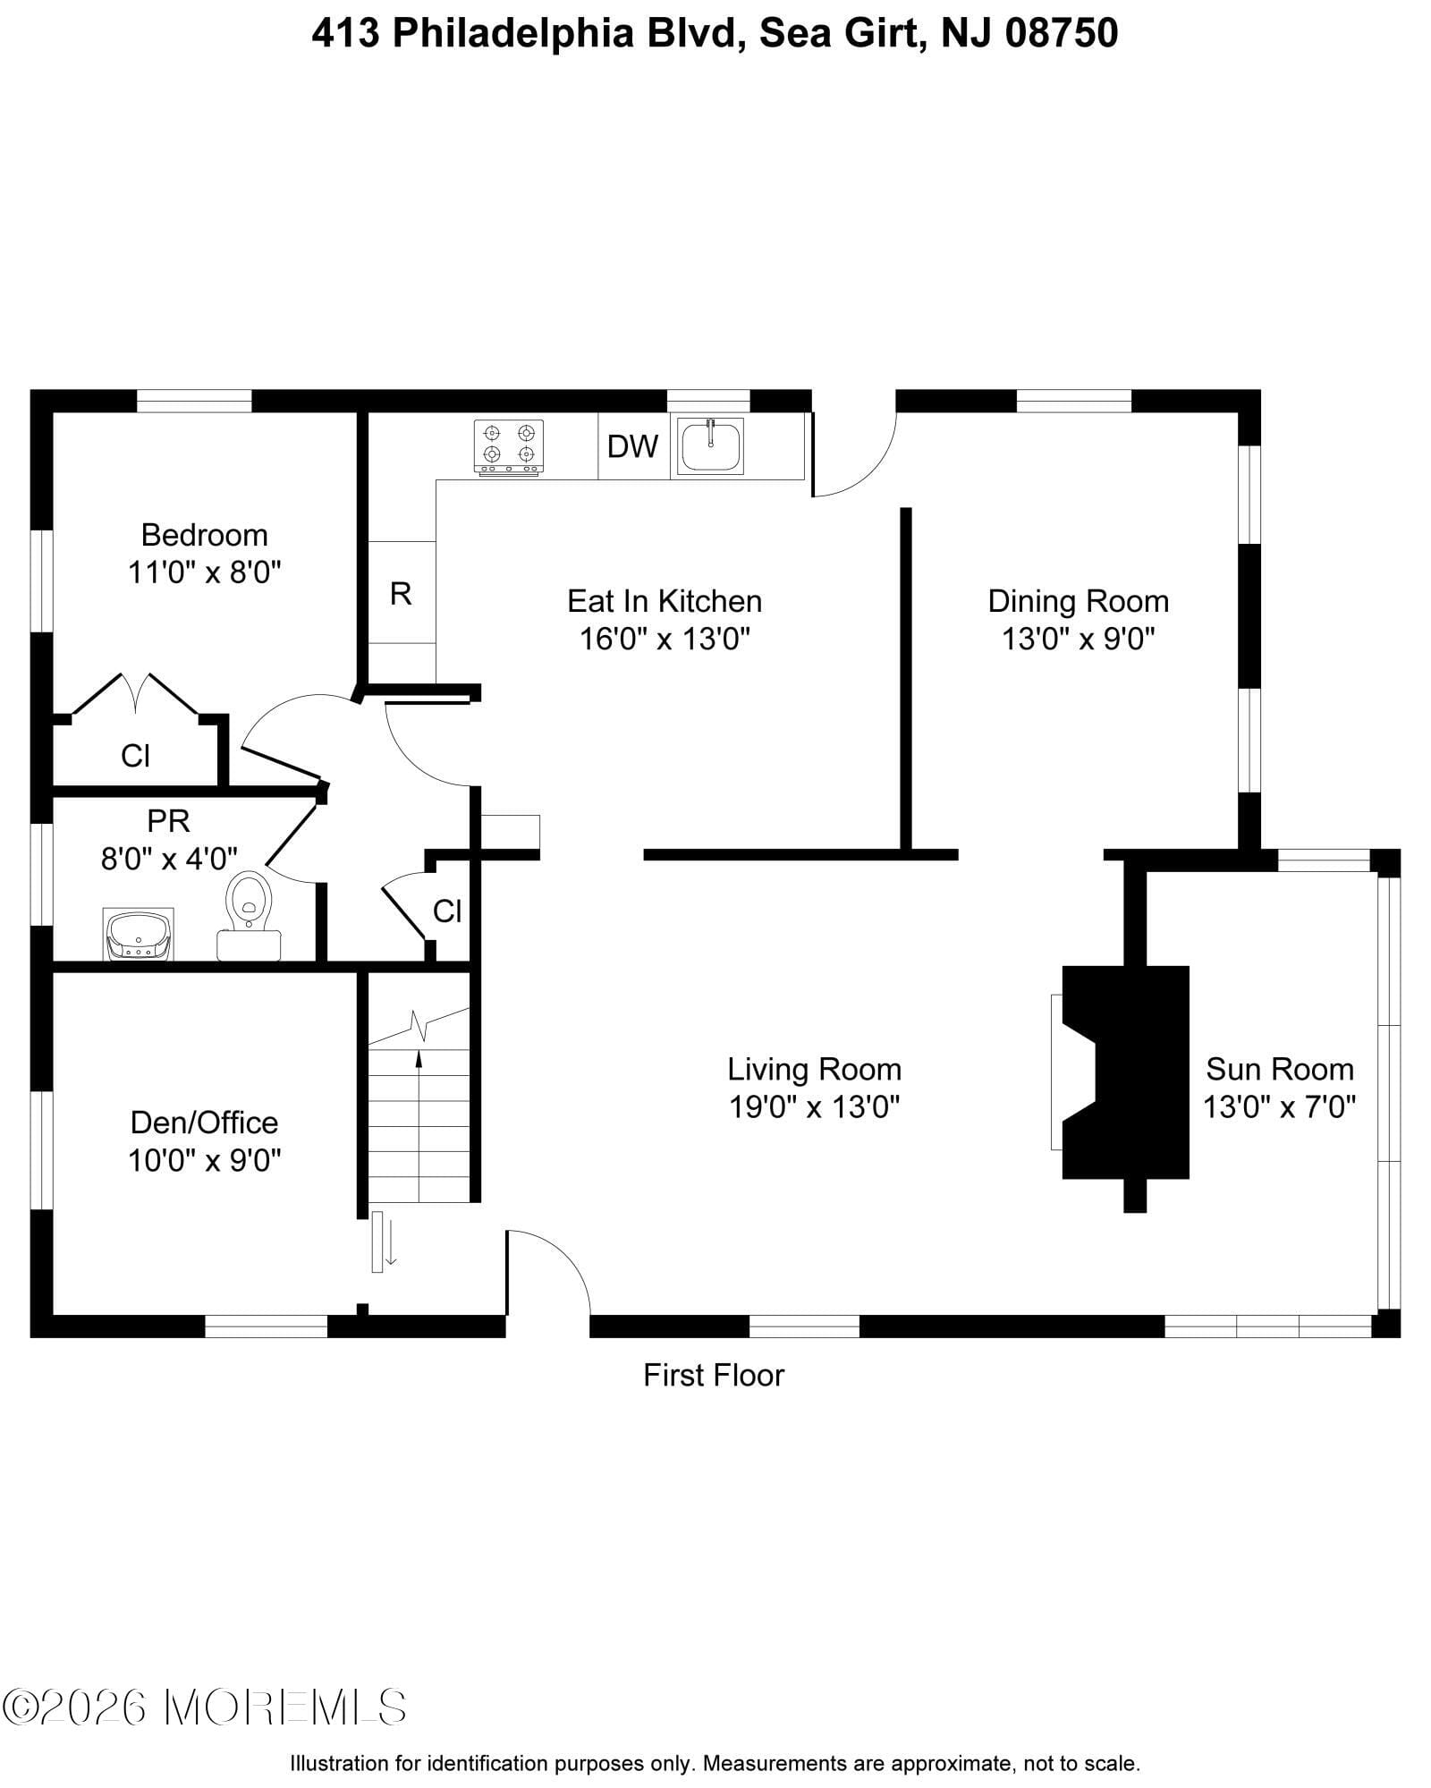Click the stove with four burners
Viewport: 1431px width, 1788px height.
point(508,446)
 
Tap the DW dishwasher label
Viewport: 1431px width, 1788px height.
point(632,446)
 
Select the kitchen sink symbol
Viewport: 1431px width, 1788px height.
point(711,446)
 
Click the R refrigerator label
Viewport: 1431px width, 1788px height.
point(401,593)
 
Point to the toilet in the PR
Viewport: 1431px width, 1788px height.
point(250,905)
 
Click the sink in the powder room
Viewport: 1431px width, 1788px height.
point(139,935)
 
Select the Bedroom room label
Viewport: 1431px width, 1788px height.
point(204,535)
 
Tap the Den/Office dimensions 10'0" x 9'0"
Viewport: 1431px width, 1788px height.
point(204,1160)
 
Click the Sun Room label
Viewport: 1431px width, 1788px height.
point(1279,1069)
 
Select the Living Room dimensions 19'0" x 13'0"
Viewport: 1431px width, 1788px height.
point(814,1107)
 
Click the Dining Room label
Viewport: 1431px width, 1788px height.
point(1078,601)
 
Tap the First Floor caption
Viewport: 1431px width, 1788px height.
point(713,1375)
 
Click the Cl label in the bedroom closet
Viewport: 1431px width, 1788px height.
point(135,757)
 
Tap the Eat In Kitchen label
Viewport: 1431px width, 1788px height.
point(665,601)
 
